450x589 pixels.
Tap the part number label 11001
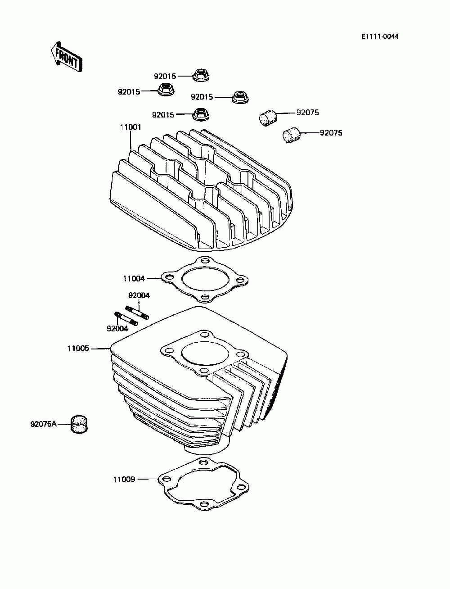[x=130, y=127]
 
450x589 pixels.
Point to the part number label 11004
[x=134, y=279]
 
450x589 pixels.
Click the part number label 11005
[x=78, y=348]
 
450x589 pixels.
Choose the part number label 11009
[x=124, y=479]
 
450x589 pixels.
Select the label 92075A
[x=44, y=424]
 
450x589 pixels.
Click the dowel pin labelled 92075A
[x=79, y=424]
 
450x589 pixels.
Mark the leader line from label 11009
[x=148, y=479]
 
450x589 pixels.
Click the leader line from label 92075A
[x=63, y=424]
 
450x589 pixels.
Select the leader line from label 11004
[x=153, y=279]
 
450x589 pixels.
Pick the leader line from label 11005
[x=100, y=348]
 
